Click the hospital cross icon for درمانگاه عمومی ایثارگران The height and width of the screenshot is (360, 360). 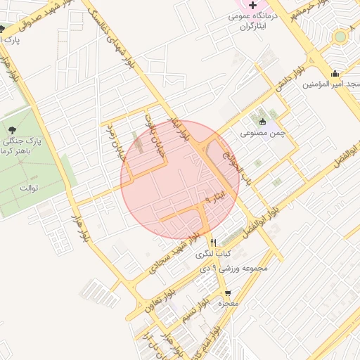pyautogui.click(x=252, y=6)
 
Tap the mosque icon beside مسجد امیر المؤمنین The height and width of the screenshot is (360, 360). pyautogui.click(x=335, y=73)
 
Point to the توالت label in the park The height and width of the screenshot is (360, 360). pyautogui.click(x=27, y=188)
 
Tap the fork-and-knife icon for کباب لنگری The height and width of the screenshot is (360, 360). pyautogui.click(x=213, y=241)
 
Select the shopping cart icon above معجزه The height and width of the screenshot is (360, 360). pyautogui.click(x=227, y=292)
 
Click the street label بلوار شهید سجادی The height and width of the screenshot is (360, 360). pyautogui.click(x=178, y=255)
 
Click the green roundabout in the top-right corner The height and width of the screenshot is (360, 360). pyautogui.click(x=340, y=35)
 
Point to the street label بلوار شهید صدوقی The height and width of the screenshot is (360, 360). pyautogui.click(x=28, y=13)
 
